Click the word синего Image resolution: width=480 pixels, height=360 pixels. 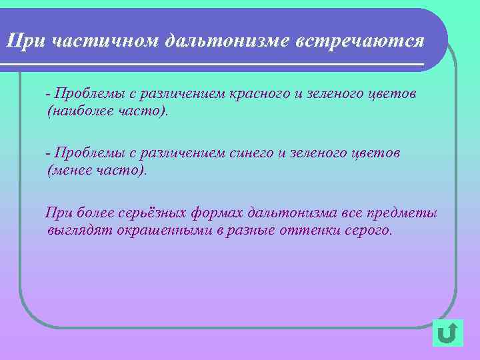click(x=249, y=153)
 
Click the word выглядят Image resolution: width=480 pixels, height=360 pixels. click(x=75, y=231)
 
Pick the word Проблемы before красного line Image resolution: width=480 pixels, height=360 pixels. click(x=86, y=93)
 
